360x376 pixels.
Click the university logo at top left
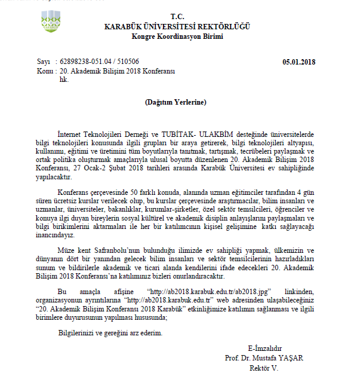(x=51, y=22)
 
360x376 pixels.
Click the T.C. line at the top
(x=177, y=16)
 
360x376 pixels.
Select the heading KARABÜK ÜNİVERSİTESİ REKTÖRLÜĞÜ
(x=177, y=26)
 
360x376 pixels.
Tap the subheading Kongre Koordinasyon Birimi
(x=177, y=36)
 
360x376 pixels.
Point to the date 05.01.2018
(x=299, y=62)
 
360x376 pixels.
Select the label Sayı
(x=44, y=62)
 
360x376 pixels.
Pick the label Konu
(x=45, y=71)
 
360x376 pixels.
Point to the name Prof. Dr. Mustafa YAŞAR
(x=264, y=357)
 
